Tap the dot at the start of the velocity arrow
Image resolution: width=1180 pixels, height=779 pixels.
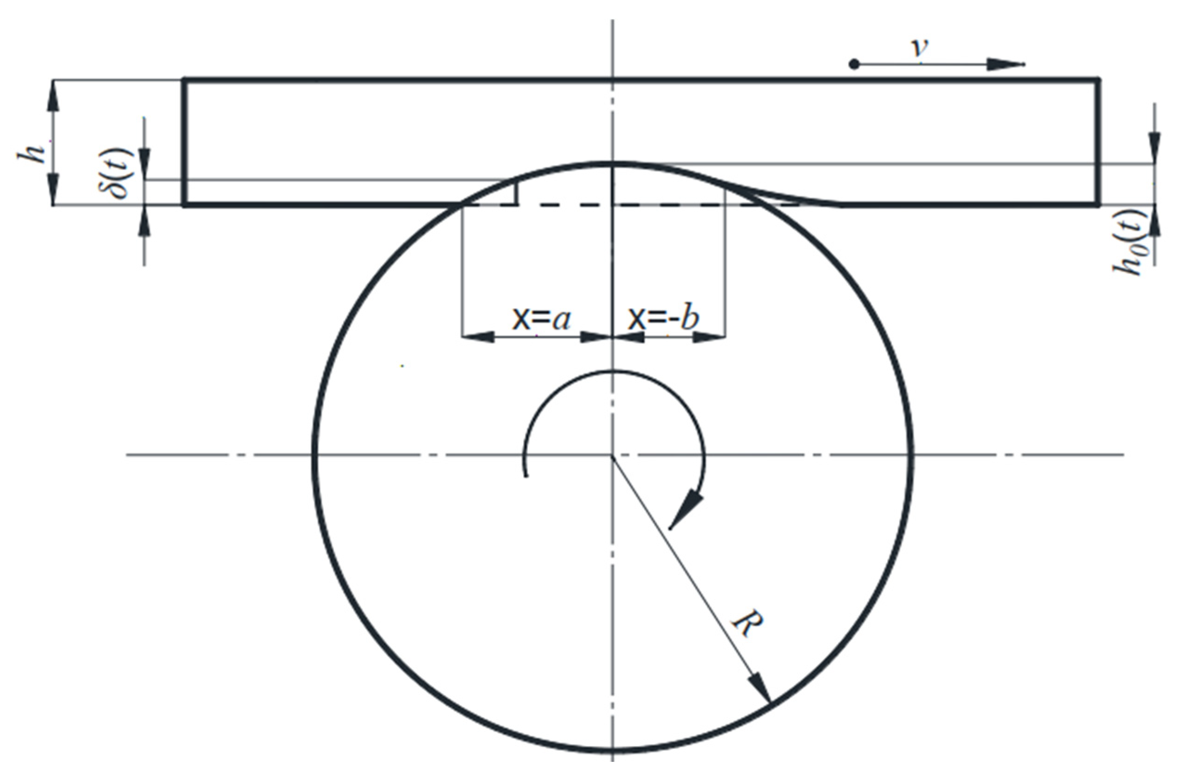[854, 65]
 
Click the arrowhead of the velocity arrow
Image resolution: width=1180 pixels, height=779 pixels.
[1003, 65]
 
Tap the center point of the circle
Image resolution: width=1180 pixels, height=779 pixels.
[613, 455]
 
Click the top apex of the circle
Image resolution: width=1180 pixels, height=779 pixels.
[613, 163]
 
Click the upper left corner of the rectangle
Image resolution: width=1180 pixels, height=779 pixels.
[185, 79]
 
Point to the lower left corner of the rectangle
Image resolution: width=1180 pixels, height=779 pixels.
[185, 204]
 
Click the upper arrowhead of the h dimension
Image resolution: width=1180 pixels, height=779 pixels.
[53, 94]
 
